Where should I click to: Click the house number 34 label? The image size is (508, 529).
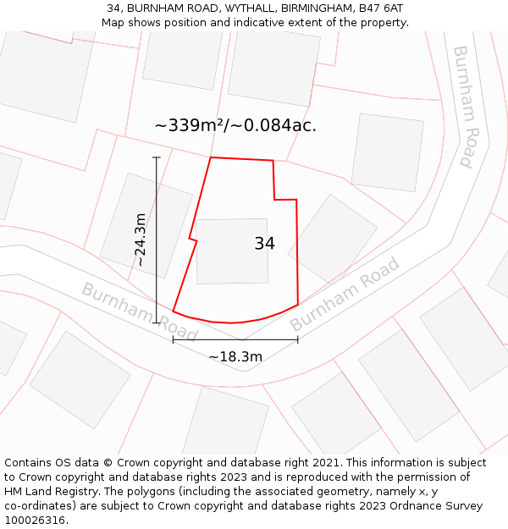(264, 244)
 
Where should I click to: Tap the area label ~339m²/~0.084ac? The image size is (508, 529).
(235, 125)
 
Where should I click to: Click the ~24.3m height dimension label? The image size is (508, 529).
(141, 240)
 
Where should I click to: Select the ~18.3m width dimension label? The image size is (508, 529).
(235, 356)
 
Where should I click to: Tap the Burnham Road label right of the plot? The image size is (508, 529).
(345, 295)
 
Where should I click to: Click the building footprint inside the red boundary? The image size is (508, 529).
(231, 251)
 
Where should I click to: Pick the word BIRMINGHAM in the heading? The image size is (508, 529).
(320, 8)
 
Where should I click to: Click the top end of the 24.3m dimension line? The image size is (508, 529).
(157, 157)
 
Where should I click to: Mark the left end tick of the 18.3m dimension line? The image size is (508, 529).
(173, 340)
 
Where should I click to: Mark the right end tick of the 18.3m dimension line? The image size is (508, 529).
(298, 340)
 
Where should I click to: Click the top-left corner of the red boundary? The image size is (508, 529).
(210, 157)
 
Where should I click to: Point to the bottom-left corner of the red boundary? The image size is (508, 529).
(173, 311)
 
